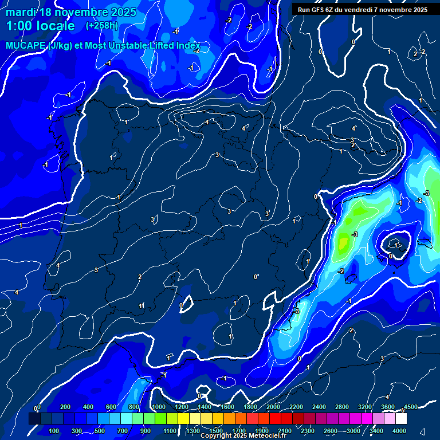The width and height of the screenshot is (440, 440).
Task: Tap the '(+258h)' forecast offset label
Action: click(x=102, y=26)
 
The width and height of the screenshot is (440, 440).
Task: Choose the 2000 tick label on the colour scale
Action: click(x=273, y=407)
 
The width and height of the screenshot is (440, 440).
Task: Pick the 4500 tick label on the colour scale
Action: click(x=410, y=407)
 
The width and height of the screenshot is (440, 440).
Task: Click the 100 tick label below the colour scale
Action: click(x=54, y=431)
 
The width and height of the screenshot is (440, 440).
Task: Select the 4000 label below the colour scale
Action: click(x=399, y=431)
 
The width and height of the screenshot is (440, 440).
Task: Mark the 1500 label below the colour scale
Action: click(x=216, y=431)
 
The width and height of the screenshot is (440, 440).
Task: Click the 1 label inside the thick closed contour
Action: click(x=396, y=245)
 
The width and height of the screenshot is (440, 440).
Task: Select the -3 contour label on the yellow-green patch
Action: click(x=355, y=234)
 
